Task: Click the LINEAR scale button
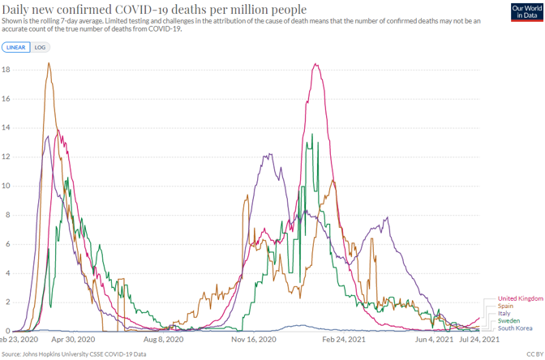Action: point(15,48)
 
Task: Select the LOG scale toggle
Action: point(40,48)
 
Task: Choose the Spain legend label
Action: point(505,306)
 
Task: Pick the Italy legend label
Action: point(504,314)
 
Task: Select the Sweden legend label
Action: point(509,321)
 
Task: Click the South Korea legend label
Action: point(515,328)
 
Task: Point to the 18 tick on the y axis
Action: point(6,70)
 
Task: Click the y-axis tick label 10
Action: point(6,186)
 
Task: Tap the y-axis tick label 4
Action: point(6,273)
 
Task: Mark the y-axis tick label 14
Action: point(6,128)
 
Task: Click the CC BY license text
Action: point(533,354)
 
